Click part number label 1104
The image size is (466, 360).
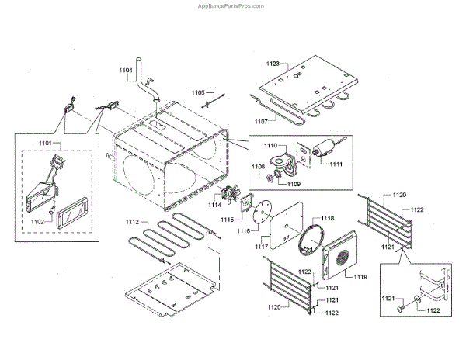pyautogui.click(x=127, y=71)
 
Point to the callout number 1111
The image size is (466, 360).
pyautogui.click(x=336, y=164)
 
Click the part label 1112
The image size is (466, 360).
pyautogui.click(x=134, y=223)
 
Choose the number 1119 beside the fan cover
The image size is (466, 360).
pyautogui.click(x=360, y=277)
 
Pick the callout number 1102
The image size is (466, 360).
pyautogui.click(x=37, y=220)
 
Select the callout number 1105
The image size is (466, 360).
pyautogui.click(x=199, y=92)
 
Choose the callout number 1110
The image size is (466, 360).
pyautogui.click(x=270, y=145)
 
